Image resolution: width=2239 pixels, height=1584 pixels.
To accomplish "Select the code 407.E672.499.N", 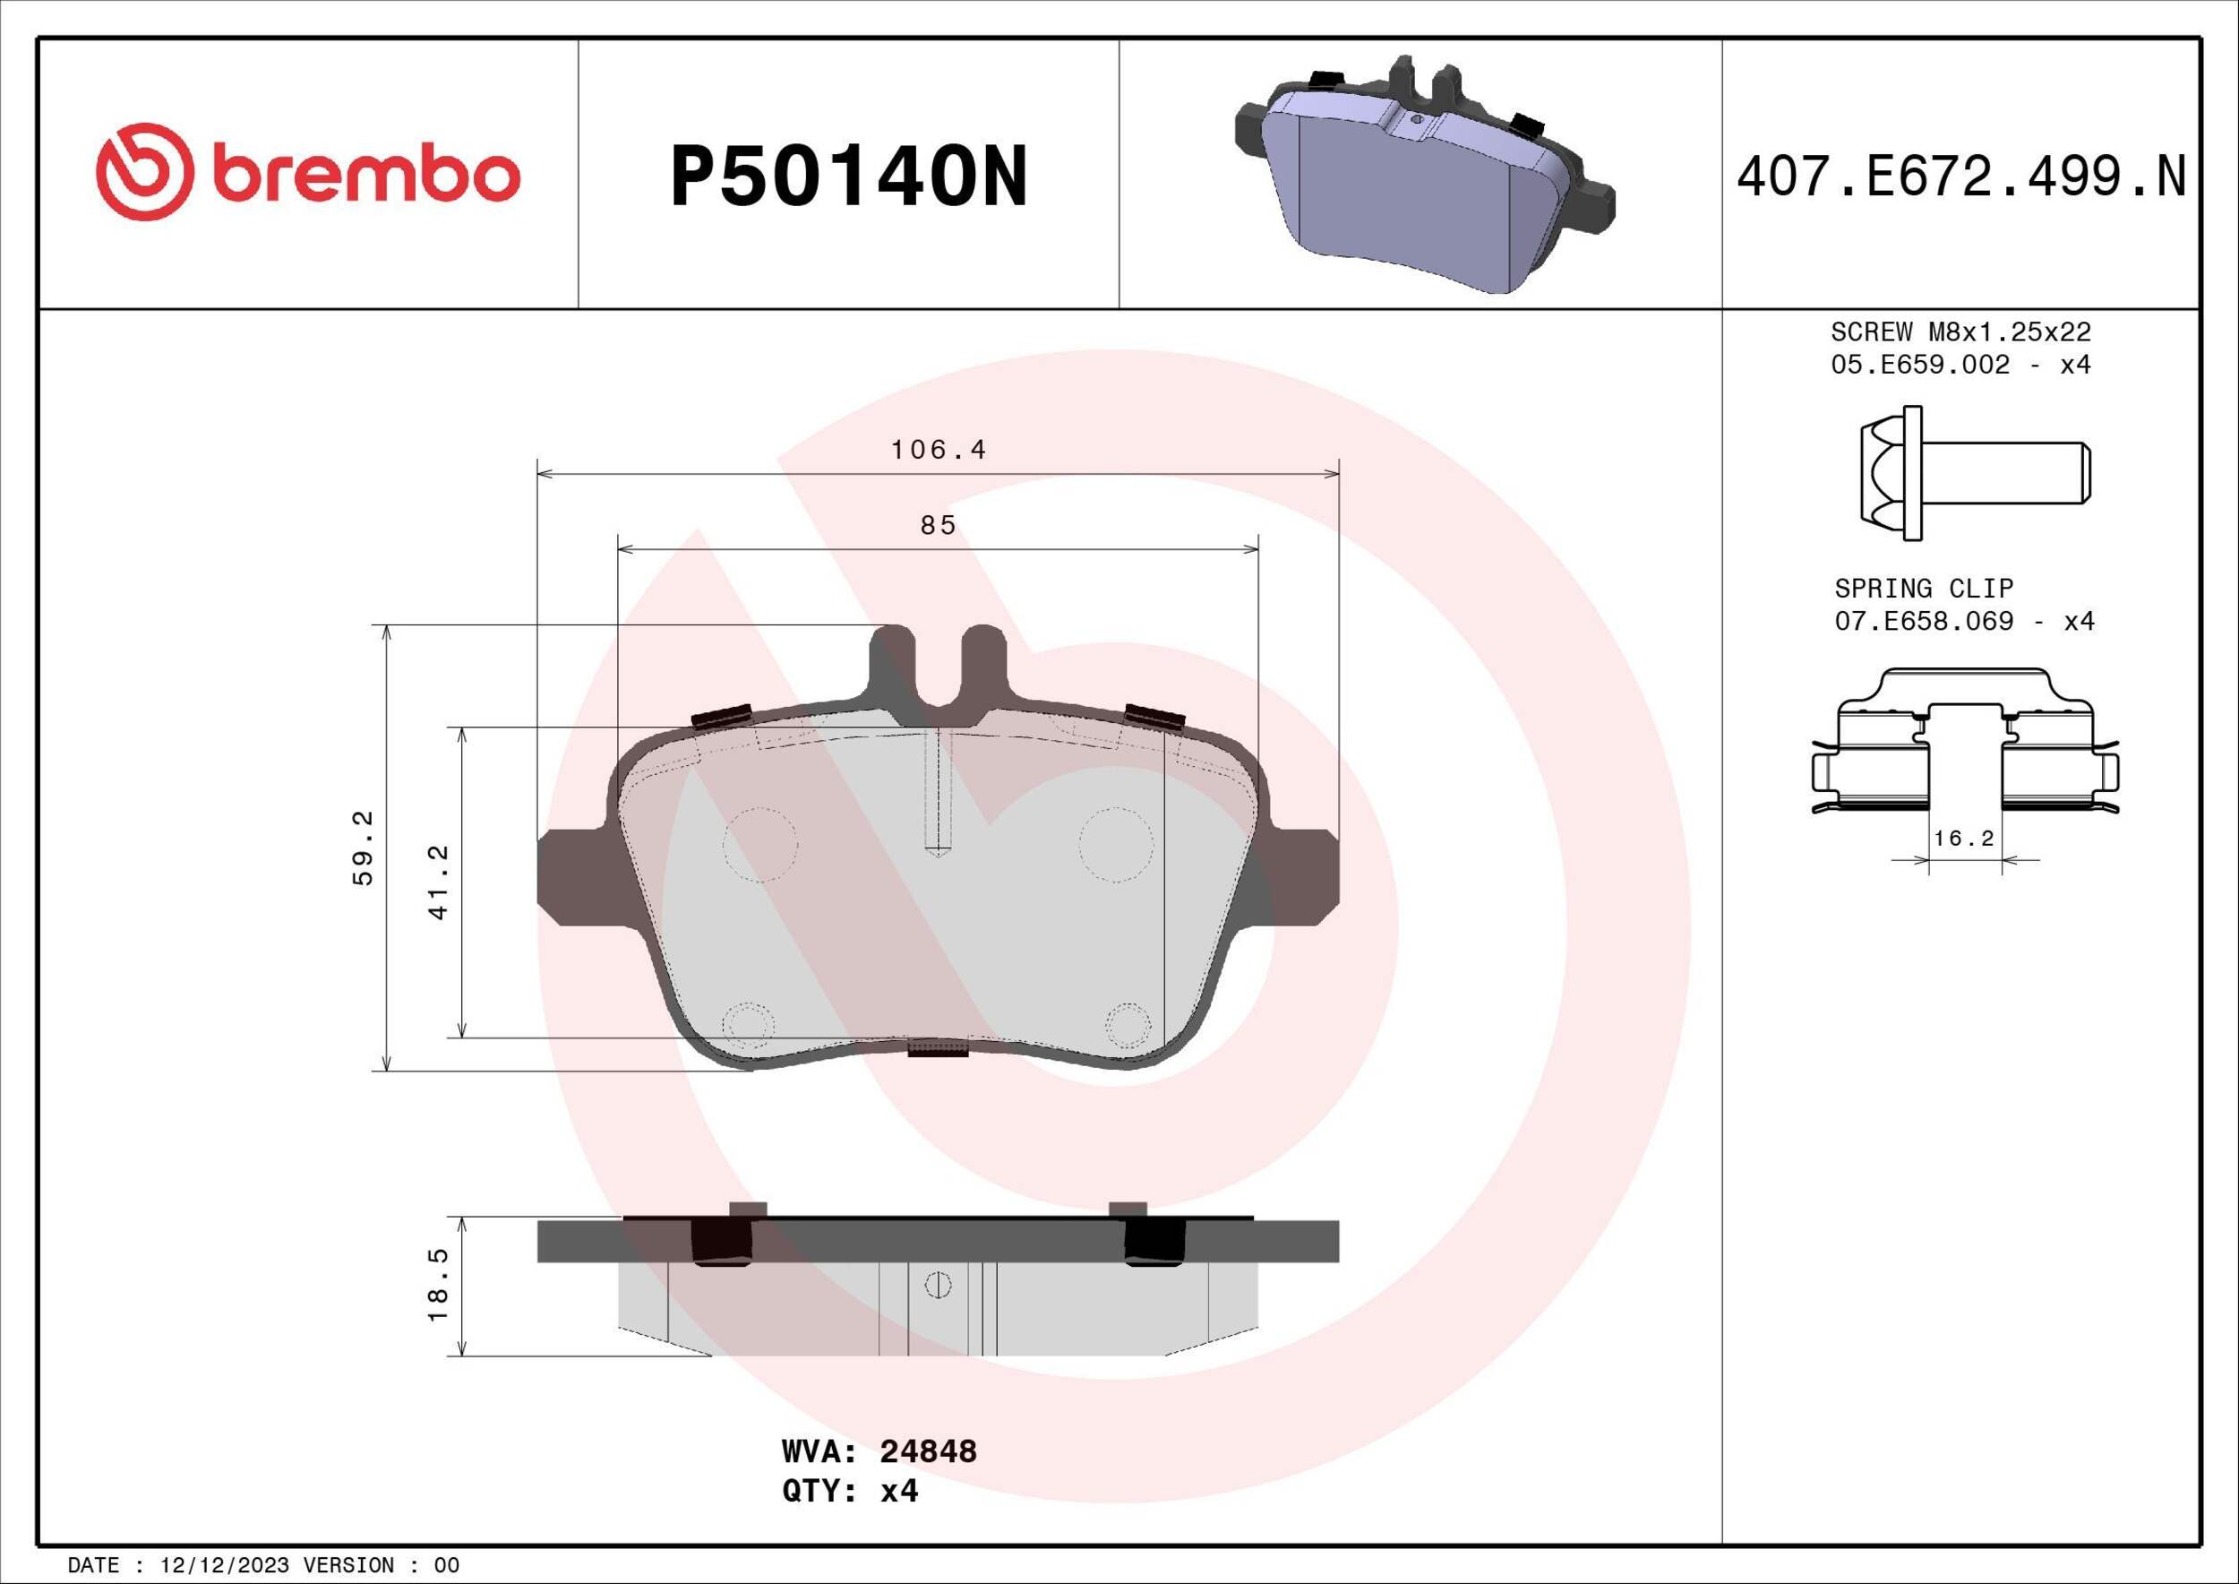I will click(1961, 177).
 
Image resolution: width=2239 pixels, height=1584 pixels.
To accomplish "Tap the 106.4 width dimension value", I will click(938, 450).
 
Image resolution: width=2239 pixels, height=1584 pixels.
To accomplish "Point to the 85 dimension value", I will click(938, 526).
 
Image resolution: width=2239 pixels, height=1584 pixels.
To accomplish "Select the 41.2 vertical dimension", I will click(439, 882).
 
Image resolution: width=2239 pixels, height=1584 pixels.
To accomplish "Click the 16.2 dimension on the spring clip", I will click(1964, 839).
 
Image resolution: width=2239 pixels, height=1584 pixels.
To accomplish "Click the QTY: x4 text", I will click(849, 1519).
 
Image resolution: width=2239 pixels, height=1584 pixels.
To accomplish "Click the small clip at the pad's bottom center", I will click(937, 1048).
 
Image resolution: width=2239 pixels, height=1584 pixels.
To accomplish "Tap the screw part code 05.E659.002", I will click(1920, 365).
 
